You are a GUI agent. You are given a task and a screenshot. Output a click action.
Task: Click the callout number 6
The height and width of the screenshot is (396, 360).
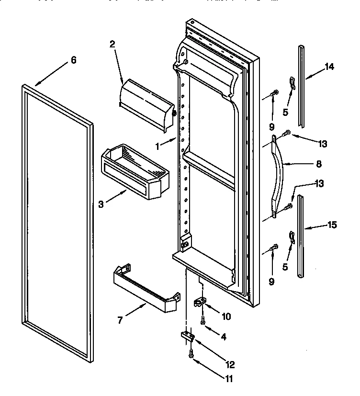click(73, 60)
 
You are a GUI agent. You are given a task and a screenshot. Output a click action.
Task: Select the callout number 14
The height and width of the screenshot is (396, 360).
click(329, 67)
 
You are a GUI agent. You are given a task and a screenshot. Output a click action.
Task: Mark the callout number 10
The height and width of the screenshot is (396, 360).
click(226, 317)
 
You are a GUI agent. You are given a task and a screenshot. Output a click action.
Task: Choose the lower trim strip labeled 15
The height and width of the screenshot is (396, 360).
click(301, 235)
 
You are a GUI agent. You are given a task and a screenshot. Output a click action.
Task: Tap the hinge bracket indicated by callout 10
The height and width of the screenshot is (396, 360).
click(200, 303)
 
